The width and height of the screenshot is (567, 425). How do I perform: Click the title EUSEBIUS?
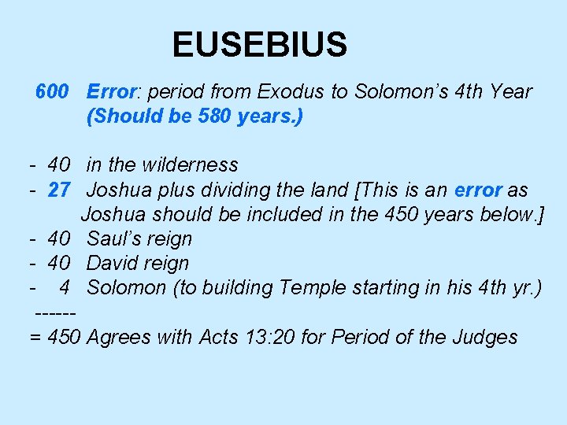pyautogui.click(x=259, y=45)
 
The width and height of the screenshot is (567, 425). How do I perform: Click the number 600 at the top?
pyautogui.click(x=52, y=92)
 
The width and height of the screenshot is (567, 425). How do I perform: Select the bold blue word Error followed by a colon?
pyautogui.click(x=112, y=92)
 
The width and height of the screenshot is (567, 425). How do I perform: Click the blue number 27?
pyautogui.click(x=60, y=190)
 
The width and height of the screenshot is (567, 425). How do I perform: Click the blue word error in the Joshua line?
pyautogui.click(x=478, y=190)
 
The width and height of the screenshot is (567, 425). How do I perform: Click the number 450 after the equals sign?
pyautogui.click(x=65, y=338)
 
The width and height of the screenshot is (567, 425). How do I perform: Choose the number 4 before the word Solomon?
pyautogui.click(x=65, y=287)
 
